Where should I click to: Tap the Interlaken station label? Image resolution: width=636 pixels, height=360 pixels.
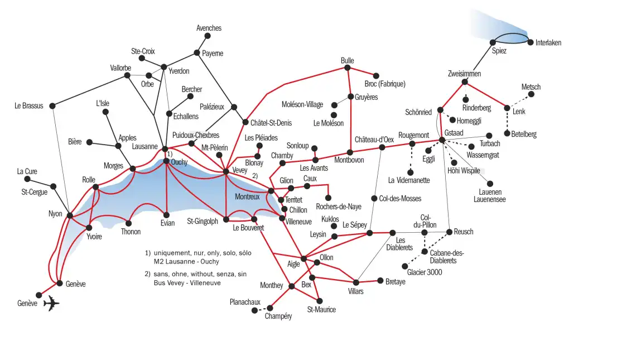point(548,43)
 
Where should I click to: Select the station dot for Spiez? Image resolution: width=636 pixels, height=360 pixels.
point(493,42)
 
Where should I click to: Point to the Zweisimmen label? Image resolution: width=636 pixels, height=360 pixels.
point(464,74)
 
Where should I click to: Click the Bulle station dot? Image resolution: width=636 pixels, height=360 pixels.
point(347,68)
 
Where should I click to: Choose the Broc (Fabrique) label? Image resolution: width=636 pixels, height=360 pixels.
point(384,84)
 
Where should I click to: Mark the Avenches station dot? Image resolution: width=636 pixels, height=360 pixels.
point(208,36)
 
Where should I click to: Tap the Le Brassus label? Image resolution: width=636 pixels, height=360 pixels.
point(29,105)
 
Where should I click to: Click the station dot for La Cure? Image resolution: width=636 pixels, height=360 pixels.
point(27,179)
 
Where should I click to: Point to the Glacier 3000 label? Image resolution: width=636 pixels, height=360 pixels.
point(425,272)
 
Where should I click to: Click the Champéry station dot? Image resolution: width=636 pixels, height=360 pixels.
point(270,308)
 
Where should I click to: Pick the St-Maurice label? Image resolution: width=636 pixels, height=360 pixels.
point(321,310)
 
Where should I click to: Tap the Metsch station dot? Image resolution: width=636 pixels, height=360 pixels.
point(531,94)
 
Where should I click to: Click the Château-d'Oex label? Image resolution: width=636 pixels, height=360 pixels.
point(374,139)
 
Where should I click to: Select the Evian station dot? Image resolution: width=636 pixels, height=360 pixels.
point(166,215)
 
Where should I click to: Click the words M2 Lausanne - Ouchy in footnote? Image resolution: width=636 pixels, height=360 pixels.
point(186,261)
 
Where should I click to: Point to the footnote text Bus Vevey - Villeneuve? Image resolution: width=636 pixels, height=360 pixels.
point(187,283)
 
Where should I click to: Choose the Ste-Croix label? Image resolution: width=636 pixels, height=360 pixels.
point(143,51)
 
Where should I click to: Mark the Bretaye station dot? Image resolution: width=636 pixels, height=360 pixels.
point(380,281)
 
